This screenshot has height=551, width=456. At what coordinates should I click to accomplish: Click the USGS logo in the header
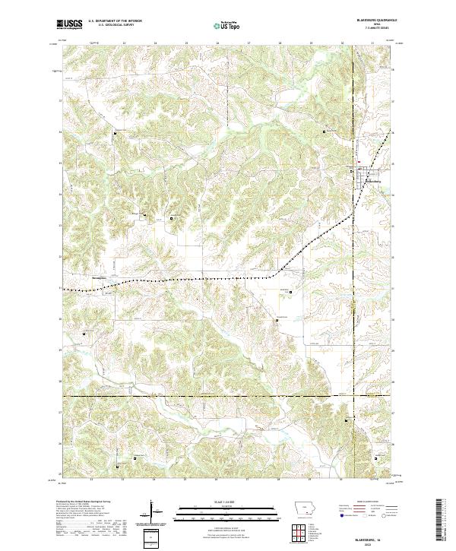70,24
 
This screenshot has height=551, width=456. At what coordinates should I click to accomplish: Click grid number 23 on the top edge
123,43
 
